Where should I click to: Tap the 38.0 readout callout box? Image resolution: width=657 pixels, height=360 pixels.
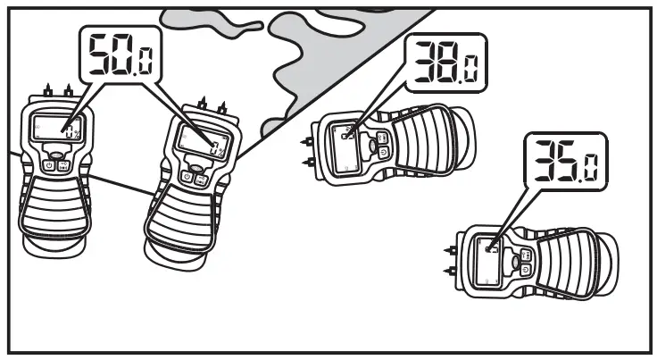445,64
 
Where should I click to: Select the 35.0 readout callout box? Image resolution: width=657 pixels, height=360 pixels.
563,161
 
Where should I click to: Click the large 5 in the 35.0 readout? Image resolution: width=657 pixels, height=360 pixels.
564,161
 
